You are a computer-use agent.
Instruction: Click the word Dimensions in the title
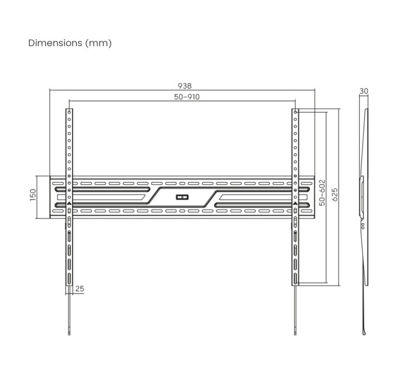click(55, 43)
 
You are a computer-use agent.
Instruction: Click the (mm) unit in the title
click(98, 43)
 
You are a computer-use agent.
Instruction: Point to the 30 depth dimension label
click(364, 92)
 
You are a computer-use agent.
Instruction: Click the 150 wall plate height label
click(33, 194)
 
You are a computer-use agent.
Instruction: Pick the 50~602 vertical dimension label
click(323, 192)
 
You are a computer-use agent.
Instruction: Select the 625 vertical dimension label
click(334, 195)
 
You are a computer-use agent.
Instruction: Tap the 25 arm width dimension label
click(80, 289)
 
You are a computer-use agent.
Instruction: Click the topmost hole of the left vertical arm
click(70, 112)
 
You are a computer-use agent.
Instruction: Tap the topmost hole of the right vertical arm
click(294, 112)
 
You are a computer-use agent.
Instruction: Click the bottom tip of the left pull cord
click(70, 334)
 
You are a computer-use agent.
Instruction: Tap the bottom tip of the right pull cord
click(294, 334)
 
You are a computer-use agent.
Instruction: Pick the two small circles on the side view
click(363, 225)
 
